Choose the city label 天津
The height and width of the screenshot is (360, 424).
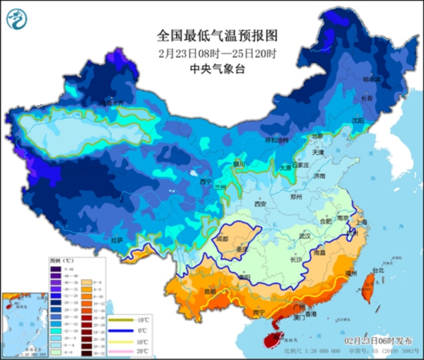click(x=317, y=152)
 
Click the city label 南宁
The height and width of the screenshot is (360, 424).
click(x=258, y=312)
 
